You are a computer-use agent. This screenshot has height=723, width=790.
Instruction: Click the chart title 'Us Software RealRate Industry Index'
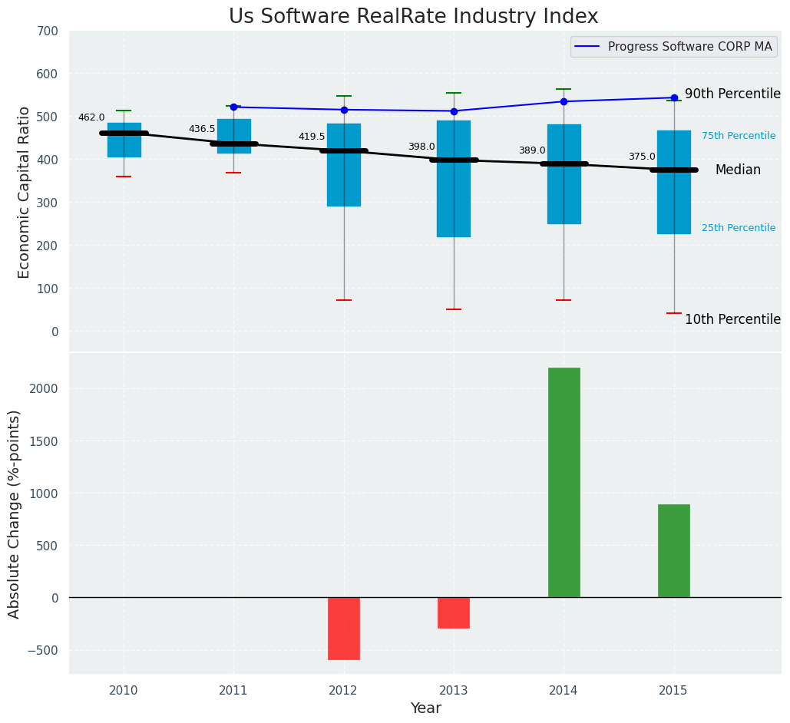[413, 17]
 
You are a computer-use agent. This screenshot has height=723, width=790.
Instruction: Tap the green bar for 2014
[564, 482]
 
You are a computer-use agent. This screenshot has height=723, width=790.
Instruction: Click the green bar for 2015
[673, 550]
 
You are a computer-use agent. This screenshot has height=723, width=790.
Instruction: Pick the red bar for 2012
[343, 628]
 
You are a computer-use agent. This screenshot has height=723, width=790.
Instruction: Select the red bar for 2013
[454, 612]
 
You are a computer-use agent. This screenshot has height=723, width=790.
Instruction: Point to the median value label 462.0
[91, 117]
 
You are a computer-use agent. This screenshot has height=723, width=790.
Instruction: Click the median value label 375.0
[642, 157]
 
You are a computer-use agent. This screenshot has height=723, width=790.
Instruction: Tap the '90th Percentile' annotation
[732, 94]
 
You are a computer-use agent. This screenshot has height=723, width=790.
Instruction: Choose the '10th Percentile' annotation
[732, 319]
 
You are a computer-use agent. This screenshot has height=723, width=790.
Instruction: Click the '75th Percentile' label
[739, 136]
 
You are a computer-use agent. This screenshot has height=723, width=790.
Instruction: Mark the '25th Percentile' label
[739, 228]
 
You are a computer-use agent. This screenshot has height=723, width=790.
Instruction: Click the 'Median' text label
[738, 170]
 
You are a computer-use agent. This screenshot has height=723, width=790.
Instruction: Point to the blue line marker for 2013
[454, 111]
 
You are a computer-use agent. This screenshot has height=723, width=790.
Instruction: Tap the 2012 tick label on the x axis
[343, 691]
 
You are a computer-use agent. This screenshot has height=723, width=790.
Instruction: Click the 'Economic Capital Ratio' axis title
[25, 192]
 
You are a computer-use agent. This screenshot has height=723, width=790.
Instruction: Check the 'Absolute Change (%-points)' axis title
[15, 513]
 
